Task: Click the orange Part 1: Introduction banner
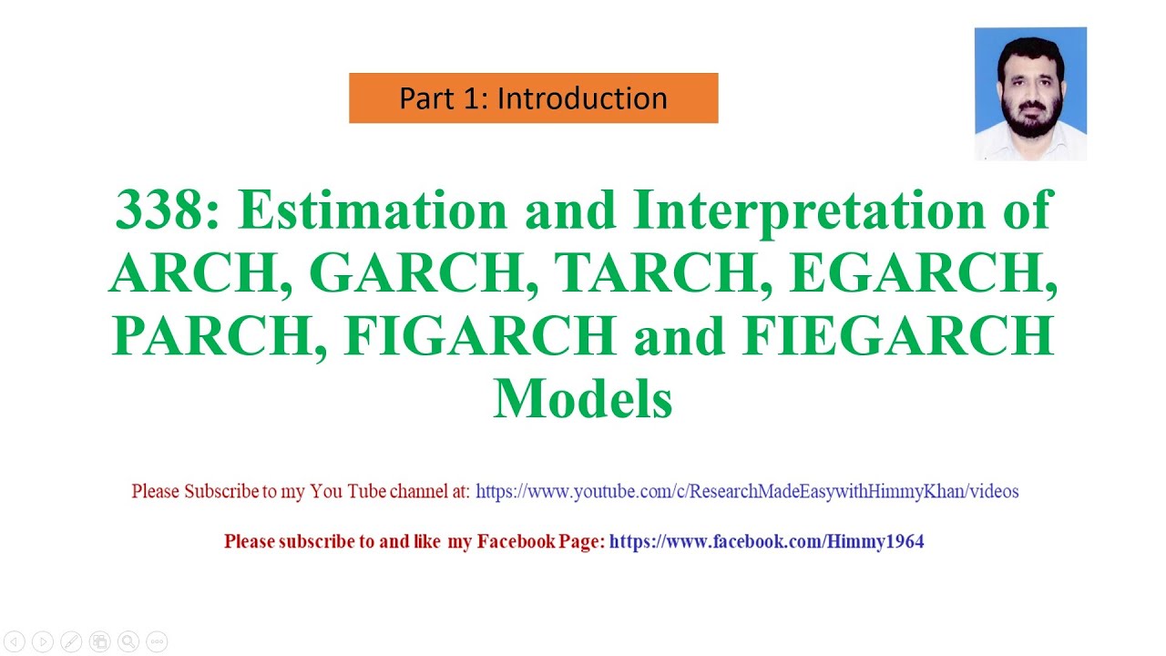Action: (533, 98)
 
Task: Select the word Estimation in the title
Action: (373, 210)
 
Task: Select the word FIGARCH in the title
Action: (480, 336)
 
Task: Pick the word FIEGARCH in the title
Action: (898, 336)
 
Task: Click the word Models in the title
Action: (583, 399)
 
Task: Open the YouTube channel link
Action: (747, 492)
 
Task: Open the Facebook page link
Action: (766, 542)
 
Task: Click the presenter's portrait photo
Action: (1030, 94)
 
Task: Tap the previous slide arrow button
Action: (15, 641)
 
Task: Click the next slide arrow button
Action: (43, 641)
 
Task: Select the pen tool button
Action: (71, 641)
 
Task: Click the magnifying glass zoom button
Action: (128, 641)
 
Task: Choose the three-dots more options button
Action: (157, 641)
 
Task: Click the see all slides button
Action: (100, 641)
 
